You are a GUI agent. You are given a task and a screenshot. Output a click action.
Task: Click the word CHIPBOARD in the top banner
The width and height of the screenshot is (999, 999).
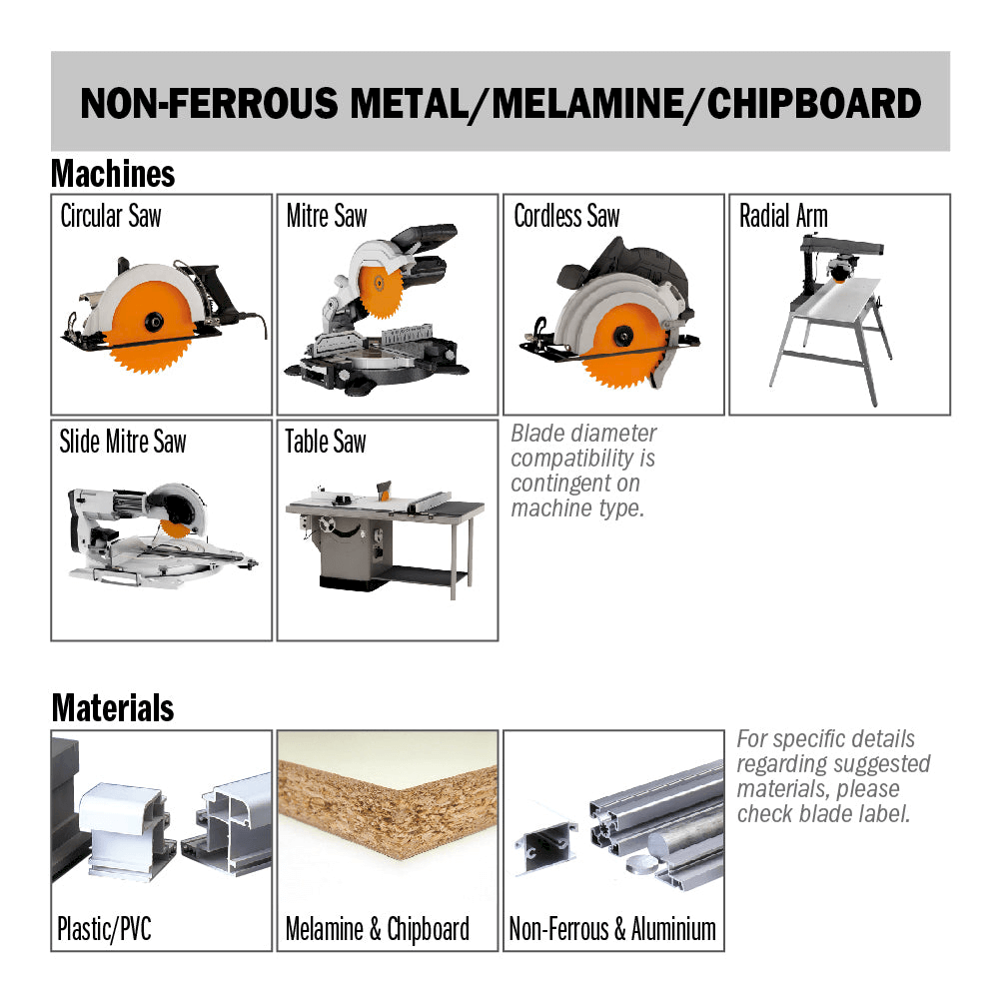813,103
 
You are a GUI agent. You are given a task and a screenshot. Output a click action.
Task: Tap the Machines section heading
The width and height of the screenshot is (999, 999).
113,173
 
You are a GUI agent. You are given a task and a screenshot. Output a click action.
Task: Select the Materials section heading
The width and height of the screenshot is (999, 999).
113,708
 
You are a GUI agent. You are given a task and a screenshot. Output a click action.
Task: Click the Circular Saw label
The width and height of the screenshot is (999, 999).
111,216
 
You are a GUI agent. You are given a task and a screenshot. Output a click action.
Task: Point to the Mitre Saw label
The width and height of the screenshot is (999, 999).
327,216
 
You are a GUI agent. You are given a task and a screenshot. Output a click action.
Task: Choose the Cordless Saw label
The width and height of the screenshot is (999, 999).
567,216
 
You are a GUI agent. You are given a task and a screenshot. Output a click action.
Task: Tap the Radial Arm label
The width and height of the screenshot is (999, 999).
783,216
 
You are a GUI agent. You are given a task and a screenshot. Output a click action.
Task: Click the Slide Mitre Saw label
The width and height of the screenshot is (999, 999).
123,441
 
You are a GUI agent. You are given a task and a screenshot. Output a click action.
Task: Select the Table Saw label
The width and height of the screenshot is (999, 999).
326,441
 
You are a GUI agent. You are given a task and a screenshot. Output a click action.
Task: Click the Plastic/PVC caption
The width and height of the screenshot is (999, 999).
105,929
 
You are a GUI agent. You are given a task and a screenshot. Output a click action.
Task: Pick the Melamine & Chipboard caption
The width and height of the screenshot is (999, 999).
378,929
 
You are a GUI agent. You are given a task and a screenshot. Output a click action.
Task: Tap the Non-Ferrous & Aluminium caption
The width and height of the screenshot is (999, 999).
612,929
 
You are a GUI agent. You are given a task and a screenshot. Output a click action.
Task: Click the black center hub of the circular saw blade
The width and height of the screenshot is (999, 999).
154,321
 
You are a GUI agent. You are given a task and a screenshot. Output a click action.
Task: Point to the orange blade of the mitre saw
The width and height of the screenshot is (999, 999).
381,291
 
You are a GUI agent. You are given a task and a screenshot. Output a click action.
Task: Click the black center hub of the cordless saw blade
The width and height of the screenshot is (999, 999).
622,335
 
